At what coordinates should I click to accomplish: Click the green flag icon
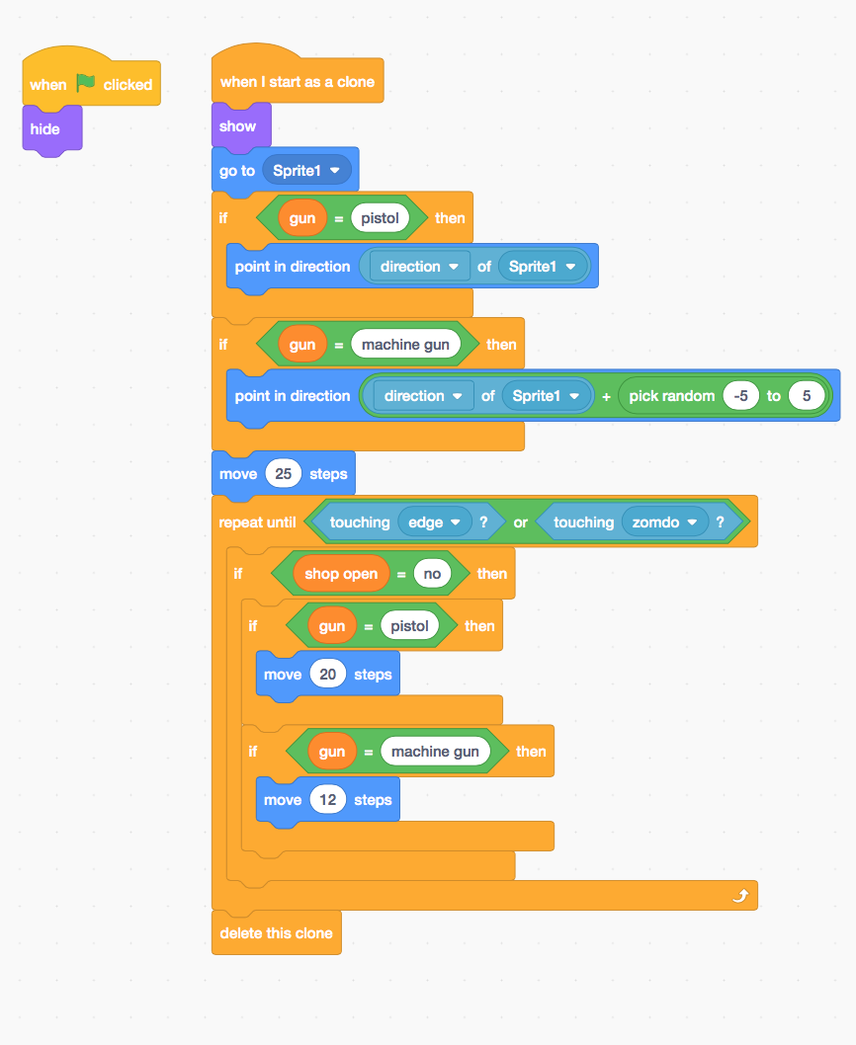86,84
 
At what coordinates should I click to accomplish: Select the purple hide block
45,129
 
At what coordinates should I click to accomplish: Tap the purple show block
238,126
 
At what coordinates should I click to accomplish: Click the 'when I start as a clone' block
297,82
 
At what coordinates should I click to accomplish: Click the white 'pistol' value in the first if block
380,218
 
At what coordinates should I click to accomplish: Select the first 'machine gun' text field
405,345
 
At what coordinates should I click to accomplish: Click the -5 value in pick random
740,396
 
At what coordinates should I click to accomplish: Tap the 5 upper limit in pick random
807,396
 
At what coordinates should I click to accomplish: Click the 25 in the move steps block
284,474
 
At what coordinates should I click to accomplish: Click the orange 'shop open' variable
340,574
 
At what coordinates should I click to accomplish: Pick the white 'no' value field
433,574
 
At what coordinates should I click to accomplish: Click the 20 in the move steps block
328,675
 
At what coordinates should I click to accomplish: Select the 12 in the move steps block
328,800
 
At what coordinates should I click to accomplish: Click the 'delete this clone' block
276,933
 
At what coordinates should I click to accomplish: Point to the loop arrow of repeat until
740,896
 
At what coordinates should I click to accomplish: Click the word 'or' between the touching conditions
520,522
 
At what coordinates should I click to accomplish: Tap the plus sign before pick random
606,396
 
